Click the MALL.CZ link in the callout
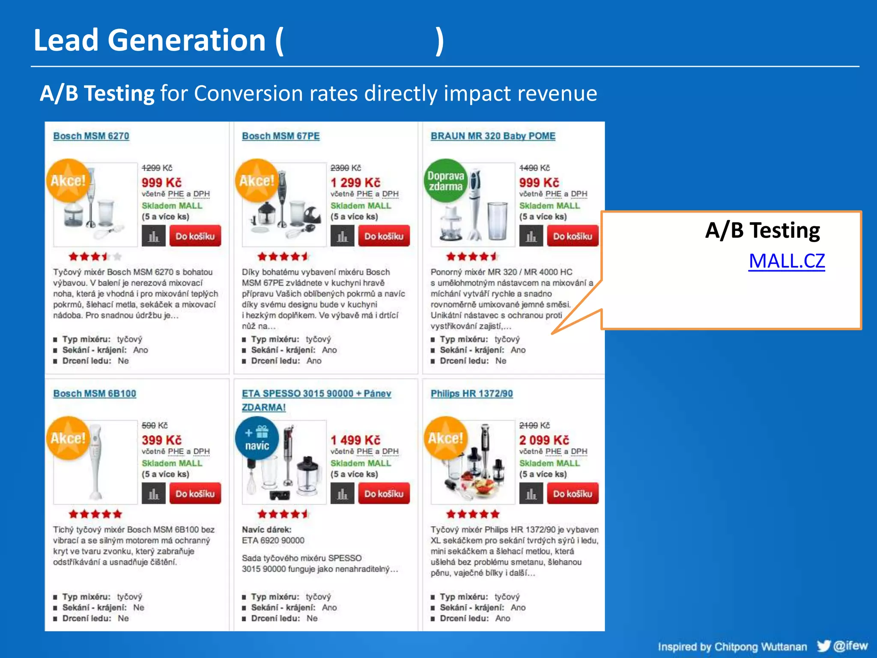click(x=787, y=261)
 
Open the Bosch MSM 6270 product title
click(x=91, y=136)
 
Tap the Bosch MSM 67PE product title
click(x=280, y=136)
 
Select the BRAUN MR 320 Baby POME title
click(x=493, y=136)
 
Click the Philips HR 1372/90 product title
click(x=471, y=393)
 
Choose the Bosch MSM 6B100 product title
click(x=95, y=393)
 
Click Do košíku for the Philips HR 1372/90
click(x=573, y=493)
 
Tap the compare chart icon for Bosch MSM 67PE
click(x=342, y=236)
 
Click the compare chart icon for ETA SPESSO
click(x=342, y=493)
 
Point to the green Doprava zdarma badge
click(x=446, y=181)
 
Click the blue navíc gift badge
click(x=257, y=438)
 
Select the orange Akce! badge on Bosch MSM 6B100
click(x=68, y=438)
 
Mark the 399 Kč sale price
click(x=162, y=440)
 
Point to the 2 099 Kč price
click(x=544, y=440)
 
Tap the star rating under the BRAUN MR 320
click(x=471, y=257)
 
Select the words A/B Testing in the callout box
click(x=763, y=230)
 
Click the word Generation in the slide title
click(x=187, y=40)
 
